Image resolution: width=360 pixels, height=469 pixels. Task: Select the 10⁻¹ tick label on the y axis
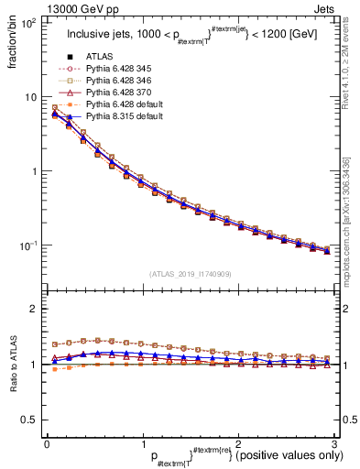(x=27, y=246)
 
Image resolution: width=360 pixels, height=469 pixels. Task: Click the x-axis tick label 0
(x=47, y=443)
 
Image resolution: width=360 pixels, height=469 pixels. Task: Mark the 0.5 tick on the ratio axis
(x=30, y=420)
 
